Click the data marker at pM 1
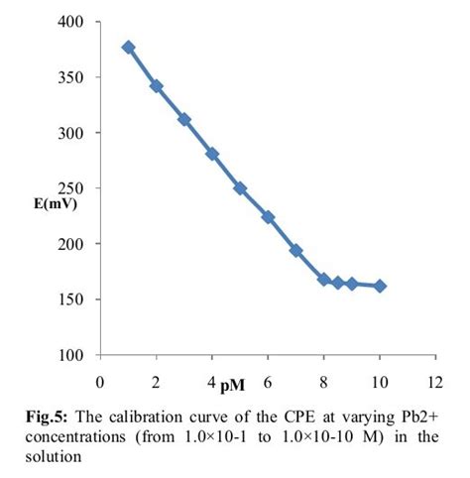click(x=128, y=47)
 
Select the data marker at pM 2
click(x=156, y=86)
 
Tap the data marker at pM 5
click(x=240, y=188)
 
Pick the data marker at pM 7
click(x=295, y=251)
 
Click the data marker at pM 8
click(x=324, y=280)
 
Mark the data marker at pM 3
click(x=184, y=119)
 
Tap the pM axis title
click(x=234, y=383)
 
